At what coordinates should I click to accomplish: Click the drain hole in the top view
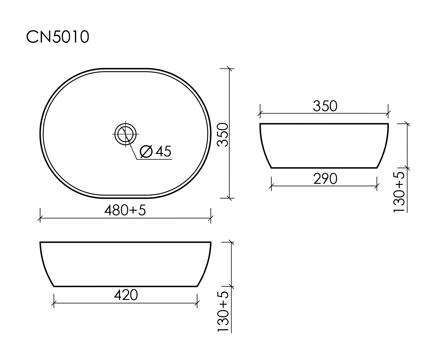(x=125, y=134)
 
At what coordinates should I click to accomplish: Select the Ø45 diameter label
(x=156, y=151)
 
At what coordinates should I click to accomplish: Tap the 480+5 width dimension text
(x=125, y=210)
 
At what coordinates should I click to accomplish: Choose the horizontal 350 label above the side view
(x=325, y=106)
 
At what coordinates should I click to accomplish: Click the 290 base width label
(x=325, y=179)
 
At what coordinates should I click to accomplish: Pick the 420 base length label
(x=126, y=295)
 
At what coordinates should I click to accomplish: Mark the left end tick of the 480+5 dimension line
(x=40, y=218)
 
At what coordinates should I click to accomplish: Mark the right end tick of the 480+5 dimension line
(x=211, y=218)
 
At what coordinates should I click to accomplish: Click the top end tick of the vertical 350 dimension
(x=230, y=69)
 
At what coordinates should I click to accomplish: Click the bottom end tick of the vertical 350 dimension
(x=230, y=198)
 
